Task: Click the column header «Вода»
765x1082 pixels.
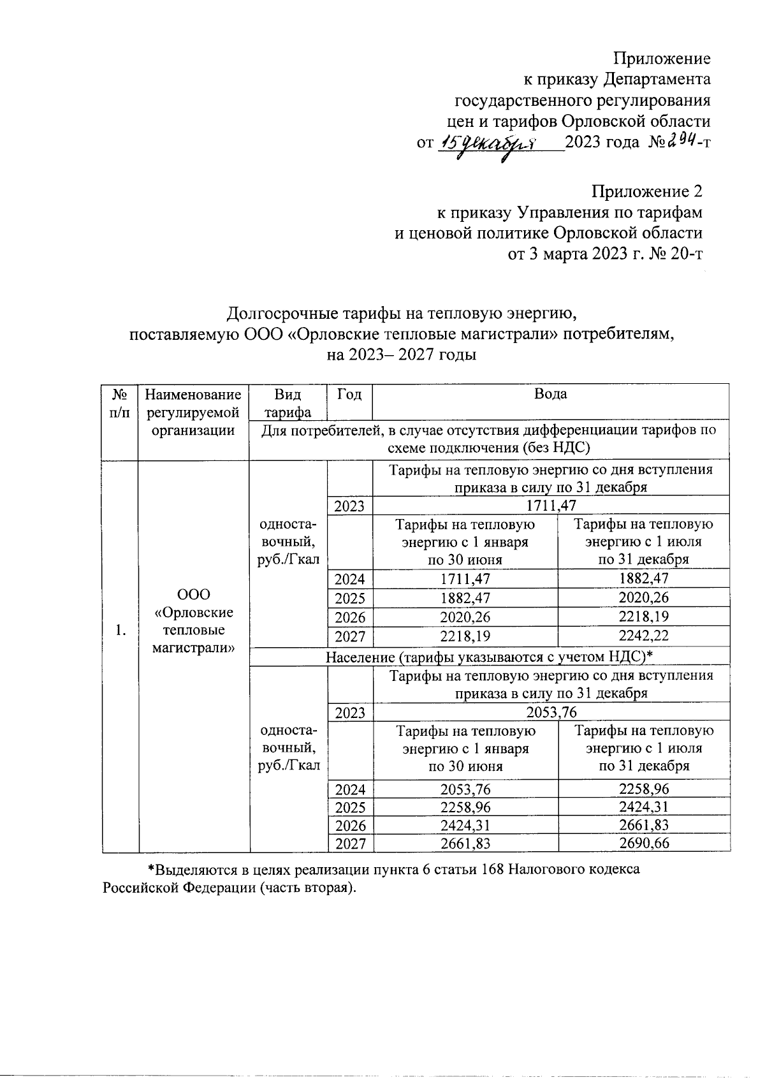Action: point(551,394)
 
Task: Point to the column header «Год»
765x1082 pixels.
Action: point(349,394)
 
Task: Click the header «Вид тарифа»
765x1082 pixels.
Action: point(288,402)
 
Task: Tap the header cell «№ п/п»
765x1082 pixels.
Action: point(119,402)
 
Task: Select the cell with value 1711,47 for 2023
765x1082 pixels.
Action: point(551,506)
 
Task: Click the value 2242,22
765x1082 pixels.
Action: point(643,636)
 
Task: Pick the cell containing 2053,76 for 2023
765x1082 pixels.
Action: point(551,712)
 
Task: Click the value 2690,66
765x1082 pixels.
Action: point(644,844)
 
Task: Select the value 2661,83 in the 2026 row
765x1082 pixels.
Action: point(644,826)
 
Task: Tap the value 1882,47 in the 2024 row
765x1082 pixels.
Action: point(643,579)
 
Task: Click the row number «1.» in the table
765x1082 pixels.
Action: point(120,631)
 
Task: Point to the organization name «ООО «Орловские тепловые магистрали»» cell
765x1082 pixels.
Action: point(194,621)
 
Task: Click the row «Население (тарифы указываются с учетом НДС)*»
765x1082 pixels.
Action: point(490,656)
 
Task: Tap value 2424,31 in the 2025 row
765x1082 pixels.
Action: point(644,807)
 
